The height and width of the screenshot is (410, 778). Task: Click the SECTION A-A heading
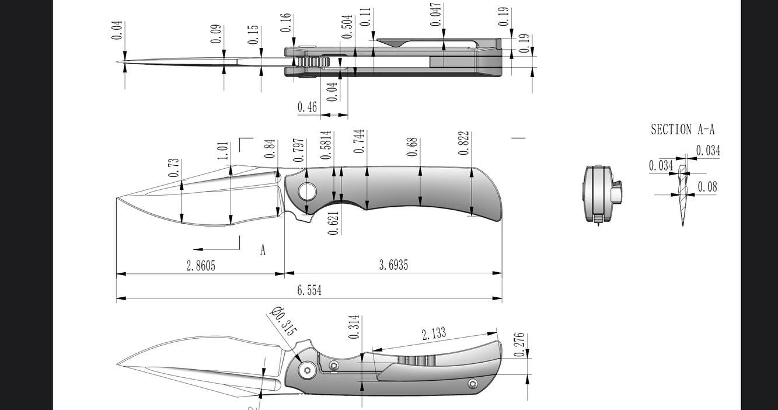682,130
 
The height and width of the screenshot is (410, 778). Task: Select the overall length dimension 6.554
309,290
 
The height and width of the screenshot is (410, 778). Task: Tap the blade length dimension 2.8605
201,266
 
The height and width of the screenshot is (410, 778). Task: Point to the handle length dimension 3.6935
393,265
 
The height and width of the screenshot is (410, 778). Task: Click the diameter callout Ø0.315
284,321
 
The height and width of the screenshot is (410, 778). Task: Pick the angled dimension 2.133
434,333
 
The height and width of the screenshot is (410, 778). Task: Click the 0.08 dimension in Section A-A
707,187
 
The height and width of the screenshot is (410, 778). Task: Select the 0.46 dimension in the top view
307,107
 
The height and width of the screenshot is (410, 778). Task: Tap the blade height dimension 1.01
223,150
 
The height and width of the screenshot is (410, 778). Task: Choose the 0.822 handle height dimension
463,143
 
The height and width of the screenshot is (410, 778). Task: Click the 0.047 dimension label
435,15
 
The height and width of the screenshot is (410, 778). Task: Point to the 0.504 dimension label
347,27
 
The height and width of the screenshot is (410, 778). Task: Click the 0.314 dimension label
354,328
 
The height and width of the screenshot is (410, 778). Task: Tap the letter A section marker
263,250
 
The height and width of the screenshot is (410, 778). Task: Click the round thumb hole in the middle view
307,191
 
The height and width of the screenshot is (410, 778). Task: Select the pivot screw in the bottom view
308,370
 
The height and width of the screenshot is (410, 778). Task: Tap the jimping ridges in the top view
315,62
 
